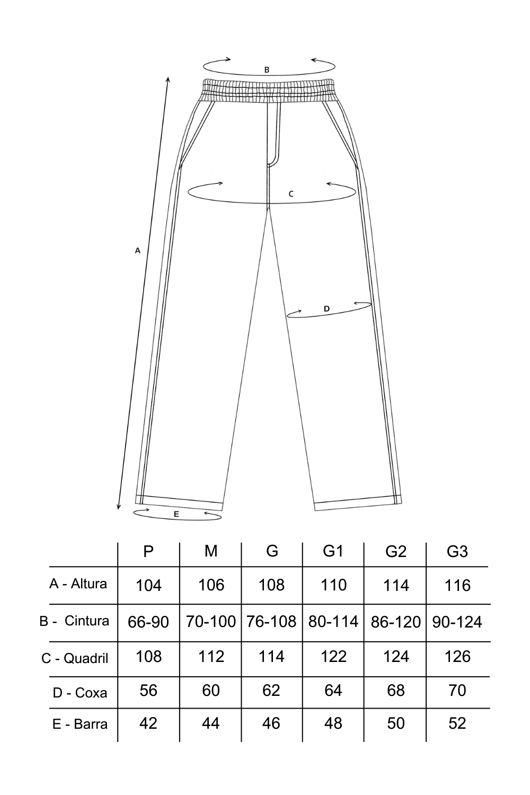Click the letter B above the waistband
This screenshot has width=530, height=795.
267,69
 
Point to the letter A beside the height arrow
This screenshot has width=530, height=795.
137,250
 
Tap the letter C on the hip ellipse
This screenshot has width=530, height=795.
291,194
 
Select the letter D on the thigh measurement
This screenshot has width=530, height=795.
326,308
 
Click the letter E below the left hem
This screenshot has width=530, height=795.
176,514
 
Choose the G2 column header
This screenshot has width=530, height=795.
396,552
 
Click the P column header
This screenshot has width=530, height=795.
148,551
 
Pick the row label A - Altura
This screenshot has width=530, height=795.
78,584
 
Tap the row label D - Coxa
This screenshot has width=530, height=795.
80,693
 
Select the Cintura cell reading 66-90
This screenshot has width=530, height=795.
148,622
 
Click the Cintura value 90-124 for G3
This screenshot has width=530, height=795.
457,622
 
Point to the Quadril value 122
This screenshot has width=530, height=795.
333,657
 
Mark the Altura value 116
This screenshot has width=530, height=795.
457,586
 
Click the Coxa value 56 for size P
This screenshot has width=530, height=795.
148,691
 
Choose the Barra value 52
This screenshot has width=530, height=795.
457,723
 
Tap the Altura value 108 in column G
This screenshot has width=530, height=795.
271,585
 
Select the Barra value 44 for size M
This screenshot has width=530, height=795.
211,723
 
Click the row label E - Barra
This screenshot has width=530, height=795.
80,724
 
